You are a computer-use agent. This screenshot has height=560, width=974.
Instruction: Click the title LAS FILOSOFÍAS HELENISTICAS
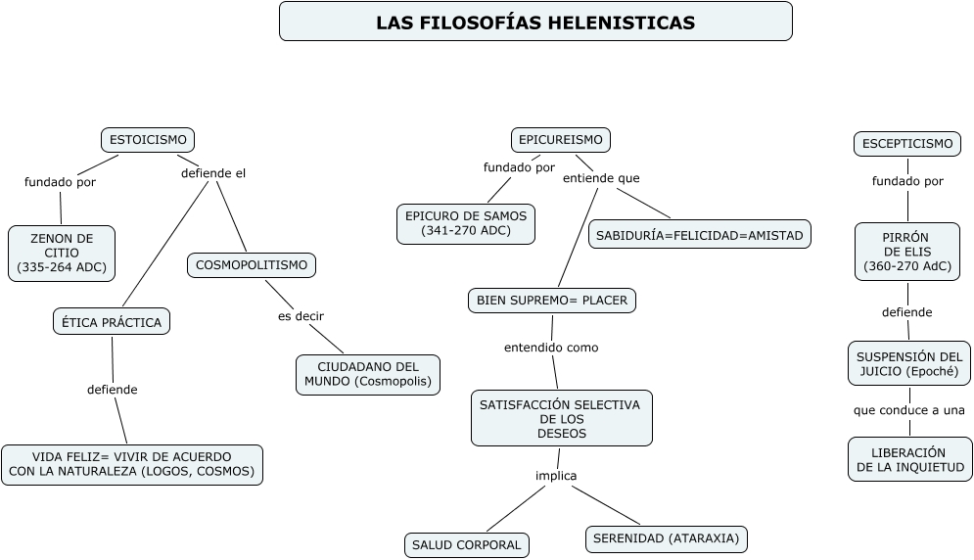535,22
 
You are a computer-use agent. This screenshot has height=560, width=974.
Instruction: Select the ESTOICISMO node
148,140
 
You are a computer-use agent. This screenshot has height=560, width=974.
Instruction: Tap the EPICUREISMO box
561,140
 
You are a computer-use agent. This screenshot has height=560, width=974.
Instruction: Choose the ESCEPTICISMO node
907,144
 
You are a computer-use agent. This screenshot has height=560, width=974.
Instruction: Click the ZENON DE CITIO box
62,253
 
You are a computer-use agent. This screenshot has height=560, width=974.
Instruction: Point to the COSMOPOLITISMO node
252,264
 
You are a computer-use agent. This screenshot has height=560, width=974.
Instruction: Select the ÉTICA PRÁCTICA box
112,321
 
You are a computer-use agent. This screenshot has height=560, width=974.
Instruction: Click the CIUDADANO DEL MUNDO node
368,374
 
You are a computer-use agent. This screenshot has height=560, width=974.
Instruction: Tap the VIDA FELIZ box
132,464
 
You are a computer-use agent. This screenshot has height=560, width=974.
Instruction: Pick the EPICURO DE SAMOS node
466,223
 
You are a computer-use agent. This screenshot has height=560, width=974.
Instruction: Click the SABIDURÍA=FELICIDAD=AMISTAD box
699,234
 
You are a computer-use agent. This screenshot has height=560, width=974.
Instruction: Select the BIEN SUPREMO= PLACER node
552,300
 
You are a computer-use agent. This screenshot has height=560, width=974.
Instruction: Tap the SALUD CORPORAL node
467,544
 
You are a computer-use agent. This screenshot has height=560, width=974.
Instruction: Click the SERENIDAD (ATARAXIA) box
667,538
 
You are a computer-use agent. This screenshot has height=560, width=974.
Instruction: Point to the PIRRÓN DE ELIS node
907,252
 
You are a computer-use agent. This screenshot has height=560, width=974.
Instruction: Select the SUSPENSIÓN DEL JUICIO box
909,363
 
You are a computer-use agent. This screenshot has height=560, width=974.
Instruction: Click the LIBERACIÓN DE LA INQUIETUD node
910,459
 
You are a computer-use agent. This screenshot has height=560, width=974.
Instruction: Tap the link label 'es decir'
301,315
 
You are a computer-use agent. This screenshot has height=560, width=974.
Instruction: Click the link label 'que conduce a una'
909,410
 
